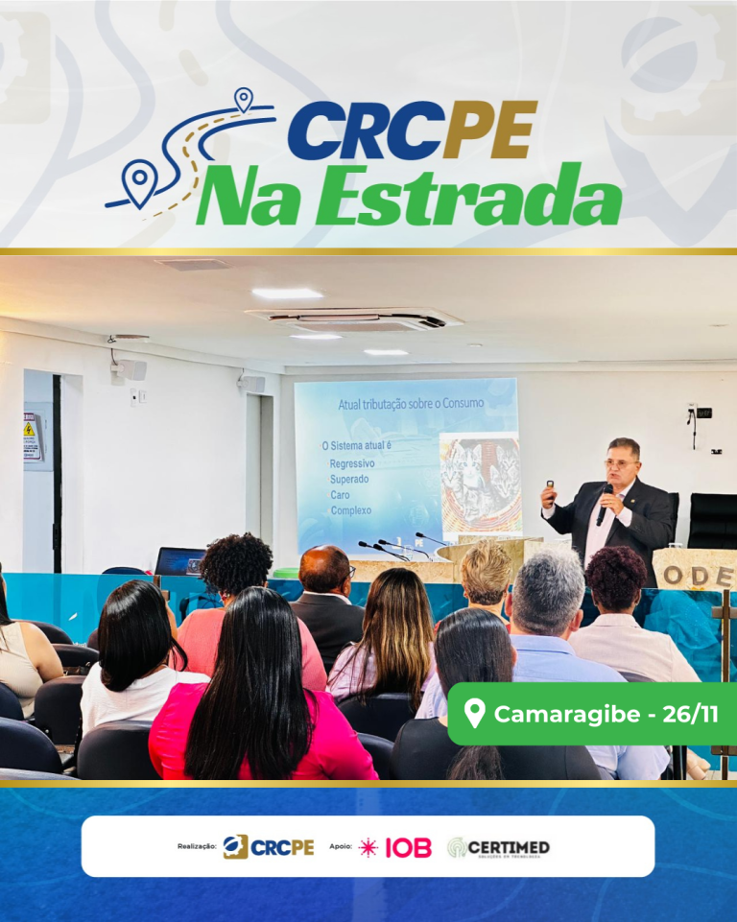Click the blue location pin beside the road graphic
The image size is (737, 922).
coord(138,182)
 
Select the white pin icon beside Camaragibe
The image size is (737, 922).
coord(474,713)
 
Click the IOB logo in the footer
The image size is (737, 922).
coord(408,847)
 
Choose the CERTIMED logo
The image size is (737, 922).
coord(499,847)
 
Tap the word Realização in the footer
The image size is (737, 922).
coord(197,847)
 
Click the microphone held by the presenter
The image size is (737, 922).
coord(604,504)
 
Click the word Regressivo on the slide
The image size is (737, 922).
coord(352,463)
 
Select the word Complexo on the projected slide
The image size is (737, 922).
coord(350,510)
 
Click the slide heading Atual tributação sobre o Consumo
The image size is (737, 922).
coord(411,404)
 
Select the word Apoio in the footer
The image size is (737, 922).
coord(341,847)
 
